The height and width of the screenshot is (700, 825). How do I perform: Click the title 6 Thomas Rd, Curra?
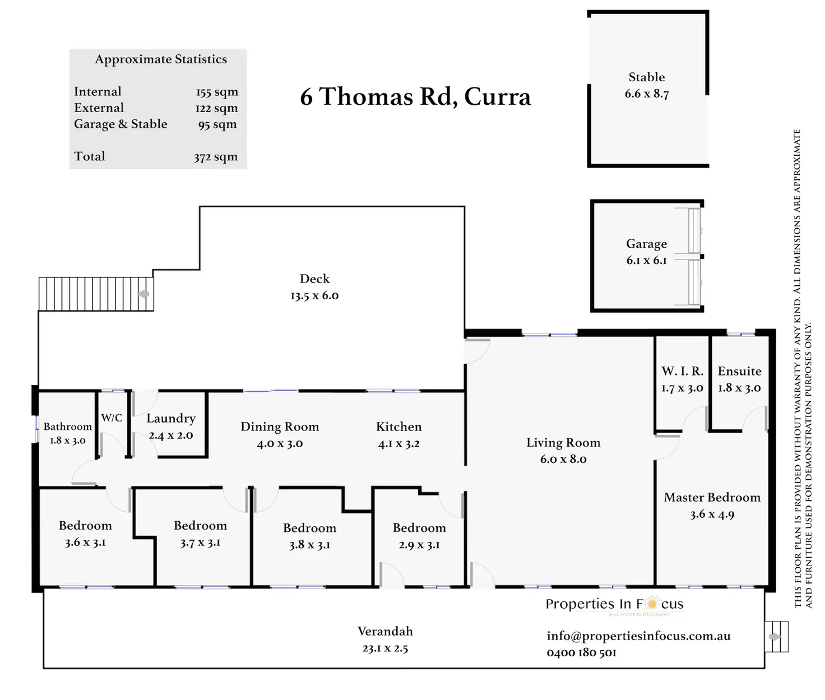click(x=415, y=97)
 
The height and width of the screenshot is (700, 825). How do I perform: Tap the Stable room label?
click(x=647, y=77)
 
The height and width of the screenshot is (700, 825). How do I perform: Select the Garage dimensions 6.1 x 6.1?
click(x=646, y=261)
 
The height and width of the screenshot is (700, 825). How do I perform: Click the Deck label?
click(x=314, y=279)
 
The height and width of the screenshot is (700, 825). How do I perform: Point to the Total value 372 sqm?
click(x=216, y=157)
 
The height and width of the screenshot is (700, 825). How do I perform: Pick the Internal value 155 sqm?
click(x=217, y=92)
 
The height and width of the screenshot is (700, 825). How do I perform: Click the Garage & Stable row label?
click(x=120, y=124)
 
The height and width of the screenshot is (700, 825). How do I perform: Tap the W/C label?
click(x=112, y=418)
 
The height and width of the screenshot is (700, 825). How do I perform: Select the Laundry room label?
click(x=171, y=419)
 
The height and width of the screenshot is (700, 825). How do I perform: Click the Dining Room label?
click(x=280, y=427)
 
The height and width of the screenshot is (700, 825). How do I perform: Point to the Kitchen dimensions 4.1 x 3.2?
click(x=398, y=444)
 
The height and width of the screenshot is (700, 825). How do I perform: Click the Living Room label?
click(x=563, y=443)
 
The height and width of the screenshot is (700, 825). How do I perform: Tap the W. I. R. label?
click(x=682, y=371)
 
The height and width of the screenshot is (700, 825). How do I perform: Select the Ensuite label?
click(x=739, y=372)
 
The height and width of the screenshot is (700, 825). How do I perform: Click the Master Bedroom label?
click(x=712, y=498)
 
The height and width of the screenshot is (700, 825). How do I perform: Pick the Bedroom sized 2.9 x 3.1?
click(x=419, y=528)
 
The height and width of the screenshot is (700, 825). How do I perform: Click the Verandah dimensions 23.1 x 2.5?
click(x=385, y=648)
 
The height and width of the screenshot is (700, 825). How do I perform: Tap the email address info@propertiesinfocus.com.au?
click(x=638, y=636)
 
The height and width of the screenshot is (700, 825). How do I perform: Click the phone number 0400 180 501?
click(x=581, y=653)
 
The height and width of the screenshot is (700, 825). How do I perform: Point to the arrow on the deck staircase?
click(x=144, y=294)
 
